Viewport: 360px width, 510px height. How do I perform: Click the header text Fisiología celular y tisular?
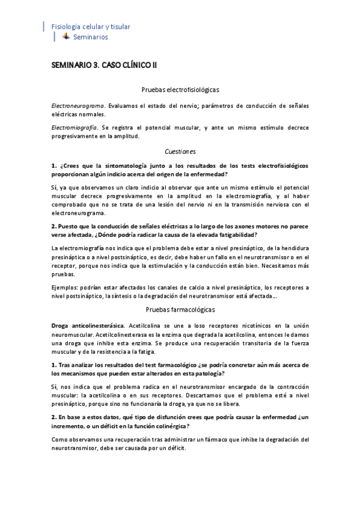[x=91, y=26]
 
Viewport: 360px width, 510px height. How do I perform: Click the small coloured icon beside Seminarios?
[x=66, y=37]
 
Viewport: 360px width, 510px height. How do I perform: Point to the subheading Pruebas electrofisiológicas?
[x=180, y=89]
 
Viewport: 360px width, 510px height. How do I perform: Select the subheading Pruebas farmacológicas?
[x=180, y=310]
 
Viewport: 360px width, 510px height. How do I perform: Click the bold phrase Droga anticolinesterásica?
[x=87, y=325]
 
